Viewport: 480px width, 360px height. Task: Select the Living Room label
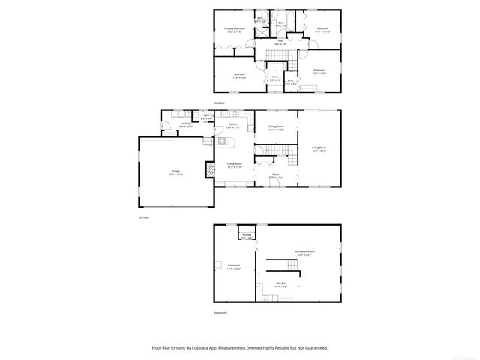click(x=319, y=149)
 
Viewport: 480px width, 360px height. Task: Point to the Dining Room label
click(x=275, y=127)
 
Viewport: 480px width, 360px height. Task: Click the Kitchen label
click(x=233, y=125)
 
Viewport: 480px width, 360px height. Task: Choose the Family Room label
click(x=234, y=165)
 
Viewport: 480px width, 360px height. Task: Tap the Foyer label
click(x=275, y=176)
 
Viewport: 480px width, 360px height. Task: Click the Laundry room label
click(x=185, y=125)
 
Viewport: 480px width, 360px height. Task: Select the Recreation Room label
click(x=304, y=253)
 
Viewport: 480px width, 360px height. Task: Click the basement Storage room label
click(x=247, y=235)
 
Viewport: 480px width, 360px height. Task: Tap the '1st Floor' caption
click(x=143, y=217)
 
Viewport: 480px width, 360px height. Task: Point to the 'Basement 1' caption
click(x=220, y=312)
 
